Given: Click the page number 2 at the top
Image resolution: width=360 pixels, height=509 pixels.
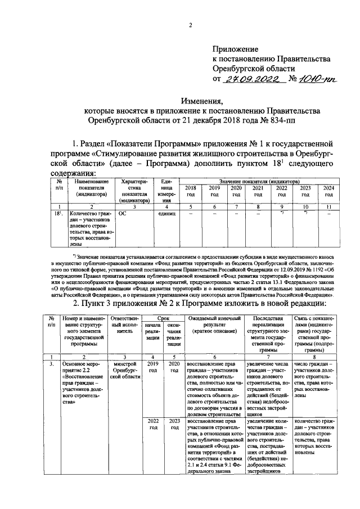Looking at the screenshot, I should [190, 25].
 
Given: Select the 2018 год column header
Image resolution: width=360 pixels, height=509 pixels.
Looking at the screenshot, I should [191, 191].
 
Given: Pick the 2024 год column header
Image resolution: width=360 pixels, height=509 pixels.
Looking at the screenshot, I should [328, 191].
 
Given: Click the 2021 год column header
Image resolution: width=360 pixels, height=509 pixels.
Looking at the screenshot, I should [258, 191].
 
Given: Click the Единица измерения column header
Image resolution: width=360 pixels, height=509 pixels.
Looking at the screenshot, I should [165, 191].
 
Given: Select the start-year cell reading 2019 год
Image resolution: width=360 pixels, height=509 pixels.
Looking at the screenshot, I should [152, 368].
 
